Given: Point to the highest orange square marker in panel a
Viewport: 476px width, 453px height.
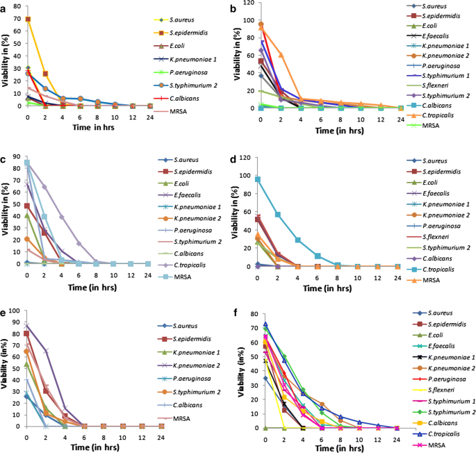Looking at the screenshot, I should pyautogui.click(x=28, y=19).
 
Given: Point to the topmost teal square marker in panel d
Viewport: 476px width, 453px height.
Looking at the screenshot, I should pyautogui.click(x=258, y=179).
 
